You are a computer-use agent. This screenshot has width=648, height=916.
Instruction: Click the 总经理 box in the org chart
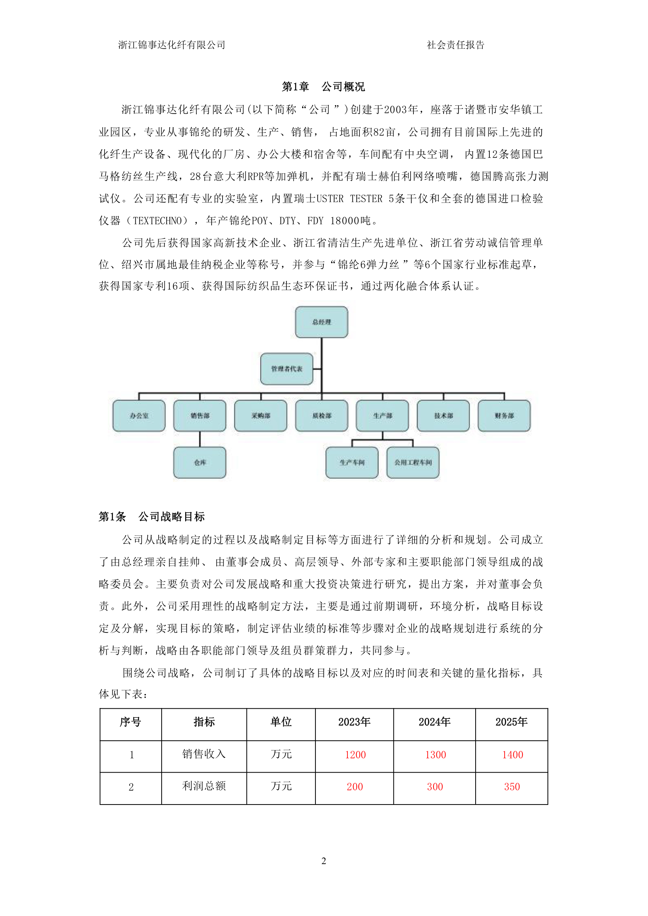tap(321, 322)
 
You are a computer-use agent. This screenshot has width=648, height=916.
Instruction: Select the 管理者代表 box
tap(286, 369)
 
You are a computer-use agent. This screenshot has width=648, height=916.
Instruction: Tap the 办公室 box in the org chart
tap(139, 416)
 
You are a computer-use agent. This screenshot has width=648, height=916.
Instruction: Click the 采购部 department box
tap(261, 416)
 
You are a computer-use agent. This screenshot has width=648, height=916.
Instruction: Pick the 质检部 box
tap(322, 416)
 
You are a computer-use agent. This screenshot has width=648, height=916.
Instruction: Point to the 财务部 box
tap(504, 416)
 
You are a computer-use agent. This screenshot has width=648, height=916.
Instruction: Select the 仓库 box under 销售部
tap(200, 463)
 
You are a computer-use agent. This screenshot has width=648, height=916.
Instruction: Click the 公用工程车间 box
tap(413, 463)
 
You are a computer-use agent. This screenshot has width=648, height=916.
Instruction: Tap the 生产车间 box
tap(352, 463)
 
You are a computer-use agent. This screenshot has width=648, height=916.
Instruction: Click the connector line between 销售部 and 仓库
tap(200, 439)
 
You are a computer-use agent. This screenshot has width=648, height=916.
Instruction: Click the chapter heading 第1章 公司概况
tap(323, 86)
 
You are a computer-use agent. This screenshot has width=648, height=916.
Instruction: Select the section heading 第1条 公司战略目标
tap(152, 517)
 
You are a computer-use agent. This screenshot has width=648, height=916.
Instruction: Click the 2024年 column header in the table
tap(435, 722)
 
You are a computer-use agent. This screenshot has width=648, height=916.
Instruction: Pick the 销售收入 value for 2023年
tap(355, 754)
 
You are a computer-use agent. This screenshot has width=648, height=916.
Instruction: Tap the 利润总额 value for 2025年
tap(512, 786)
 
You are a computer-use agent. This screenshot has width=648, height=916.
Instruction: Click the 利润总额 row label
tap(204, 786)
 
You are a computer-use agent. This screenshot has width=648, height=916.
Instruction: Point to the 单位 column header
tap(281, 722)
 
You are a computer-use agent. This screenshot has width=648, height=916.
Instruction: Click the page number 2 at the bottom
tap(323, 861)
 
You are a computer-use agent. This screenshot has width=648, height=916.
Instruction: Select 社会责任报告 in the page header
tap(455, 45)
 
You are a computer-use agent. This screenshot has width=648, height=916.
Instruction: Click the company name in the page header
tap(172, 45)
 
